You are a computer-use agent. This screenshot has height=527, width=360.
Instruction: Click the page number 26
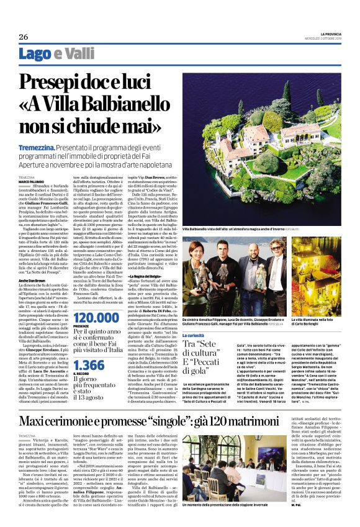(23, 36)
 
